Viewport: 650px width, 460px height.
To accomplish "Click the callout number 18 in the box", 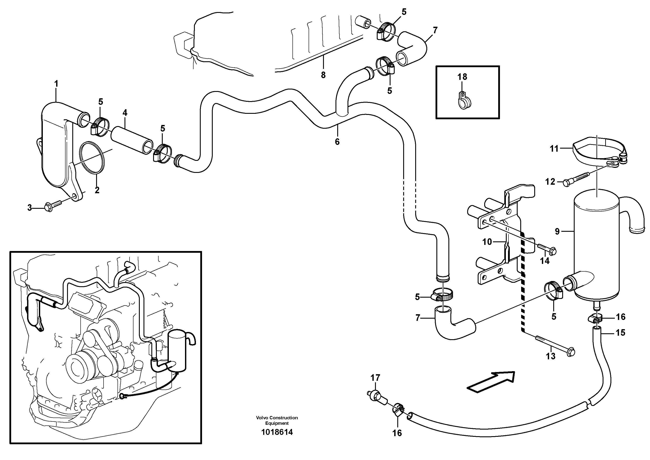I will tap(462, 77).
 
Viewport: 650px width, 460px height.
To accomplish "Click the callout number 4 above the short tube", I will tap(125, 112).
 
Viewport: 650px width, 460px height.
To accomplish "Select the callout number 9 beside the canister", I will tap(557, 232).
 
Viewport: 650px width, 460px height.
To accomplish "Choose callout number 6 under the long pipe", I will tap(337, 142).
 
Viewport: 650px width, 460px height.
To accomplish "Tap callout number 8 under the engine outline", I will tap(323, 75).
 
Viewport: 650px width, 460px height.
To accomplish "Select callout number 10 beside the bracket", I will tap(487, 242).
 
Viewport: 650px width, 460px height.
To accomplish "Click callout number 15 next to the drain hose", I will tap(620, 333).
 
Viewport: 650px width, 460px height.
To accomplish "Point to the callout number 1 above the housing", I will tap(56, 84).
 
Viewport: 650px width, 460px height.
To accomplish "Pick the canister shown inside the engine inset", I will tap(177, 350).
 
